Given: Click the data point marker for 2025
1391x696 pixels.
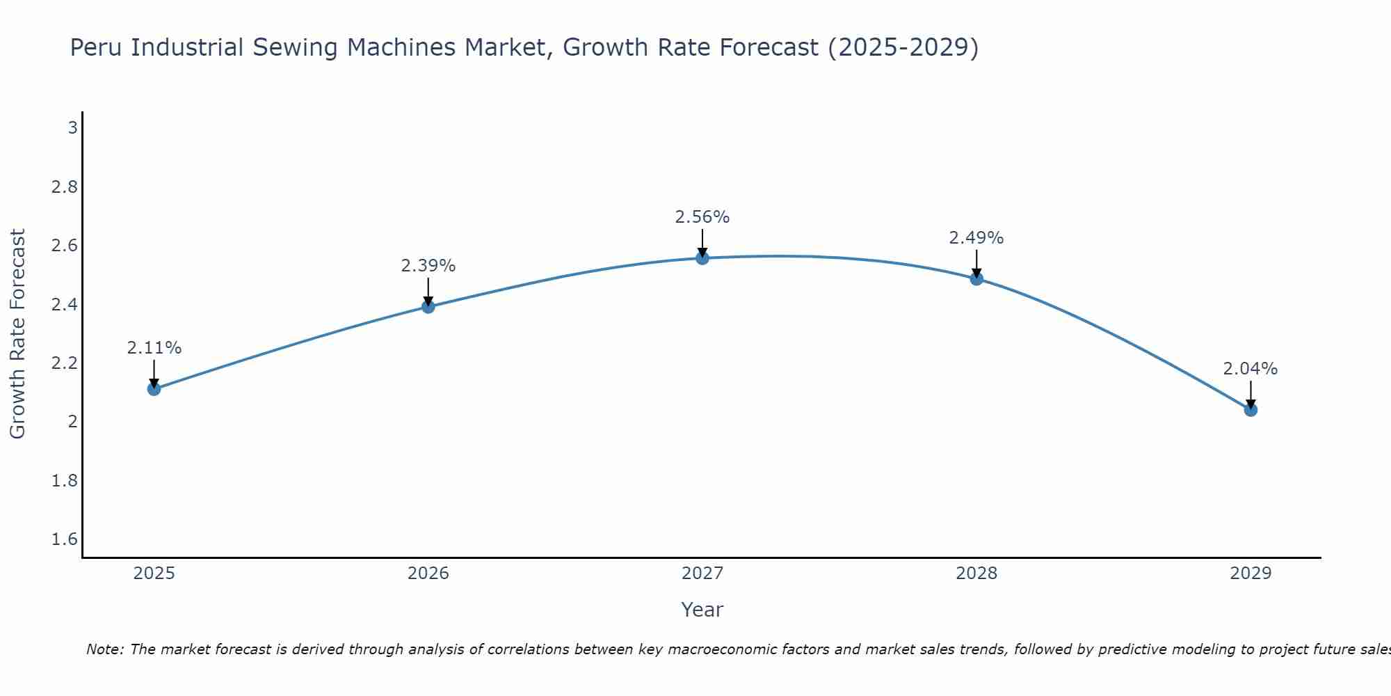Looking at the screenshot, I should point(154,389).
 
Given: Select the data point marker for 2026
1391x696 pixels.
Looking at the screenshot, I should point(428,307).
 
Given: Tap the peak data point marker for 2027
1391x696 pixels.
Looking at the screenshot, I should point(702,258).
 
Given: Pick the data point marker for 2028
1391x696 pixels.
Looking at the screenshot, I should point(976,279).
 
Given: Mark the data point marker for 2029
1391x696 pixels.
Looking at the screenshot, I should point(1251,410).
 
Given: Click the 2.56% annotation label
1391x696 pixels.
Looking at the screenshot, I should point(702,217).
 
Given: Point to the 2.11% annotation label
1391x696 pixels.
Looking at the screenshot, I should point(154,348).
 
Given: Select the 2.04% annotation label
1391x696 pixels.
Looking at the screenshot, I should point(1251,369).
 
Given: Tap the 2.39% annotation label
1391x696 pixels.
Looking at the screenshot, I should point(428,266).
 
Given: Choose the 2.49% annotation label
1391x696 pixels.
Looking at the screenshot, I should point(976,238).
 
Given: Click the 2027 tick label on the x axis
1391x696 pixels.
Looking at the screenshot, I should point(702,574).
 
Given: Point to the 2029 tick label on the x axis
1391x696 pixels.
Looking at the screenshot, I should point(1251,574).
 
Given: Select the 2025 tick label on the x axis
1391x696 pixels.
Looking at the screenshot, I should point(154,574).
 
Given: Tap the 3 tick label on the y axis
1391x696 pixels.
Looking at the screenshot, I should point(72,128).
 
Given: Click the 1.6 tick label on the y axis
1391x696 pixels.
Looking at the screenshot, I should point(65,539).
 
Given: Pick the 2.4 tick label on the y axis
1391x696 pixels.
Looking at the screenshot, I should point(65,304).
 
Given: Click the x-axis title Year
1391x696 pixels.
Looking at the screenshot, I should point(702,610).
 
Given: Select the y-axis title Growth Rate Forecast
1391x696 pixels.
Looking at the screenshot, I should point(18,334).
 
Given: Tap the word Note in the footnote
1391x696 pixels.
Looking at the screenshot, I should point(104,649).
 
